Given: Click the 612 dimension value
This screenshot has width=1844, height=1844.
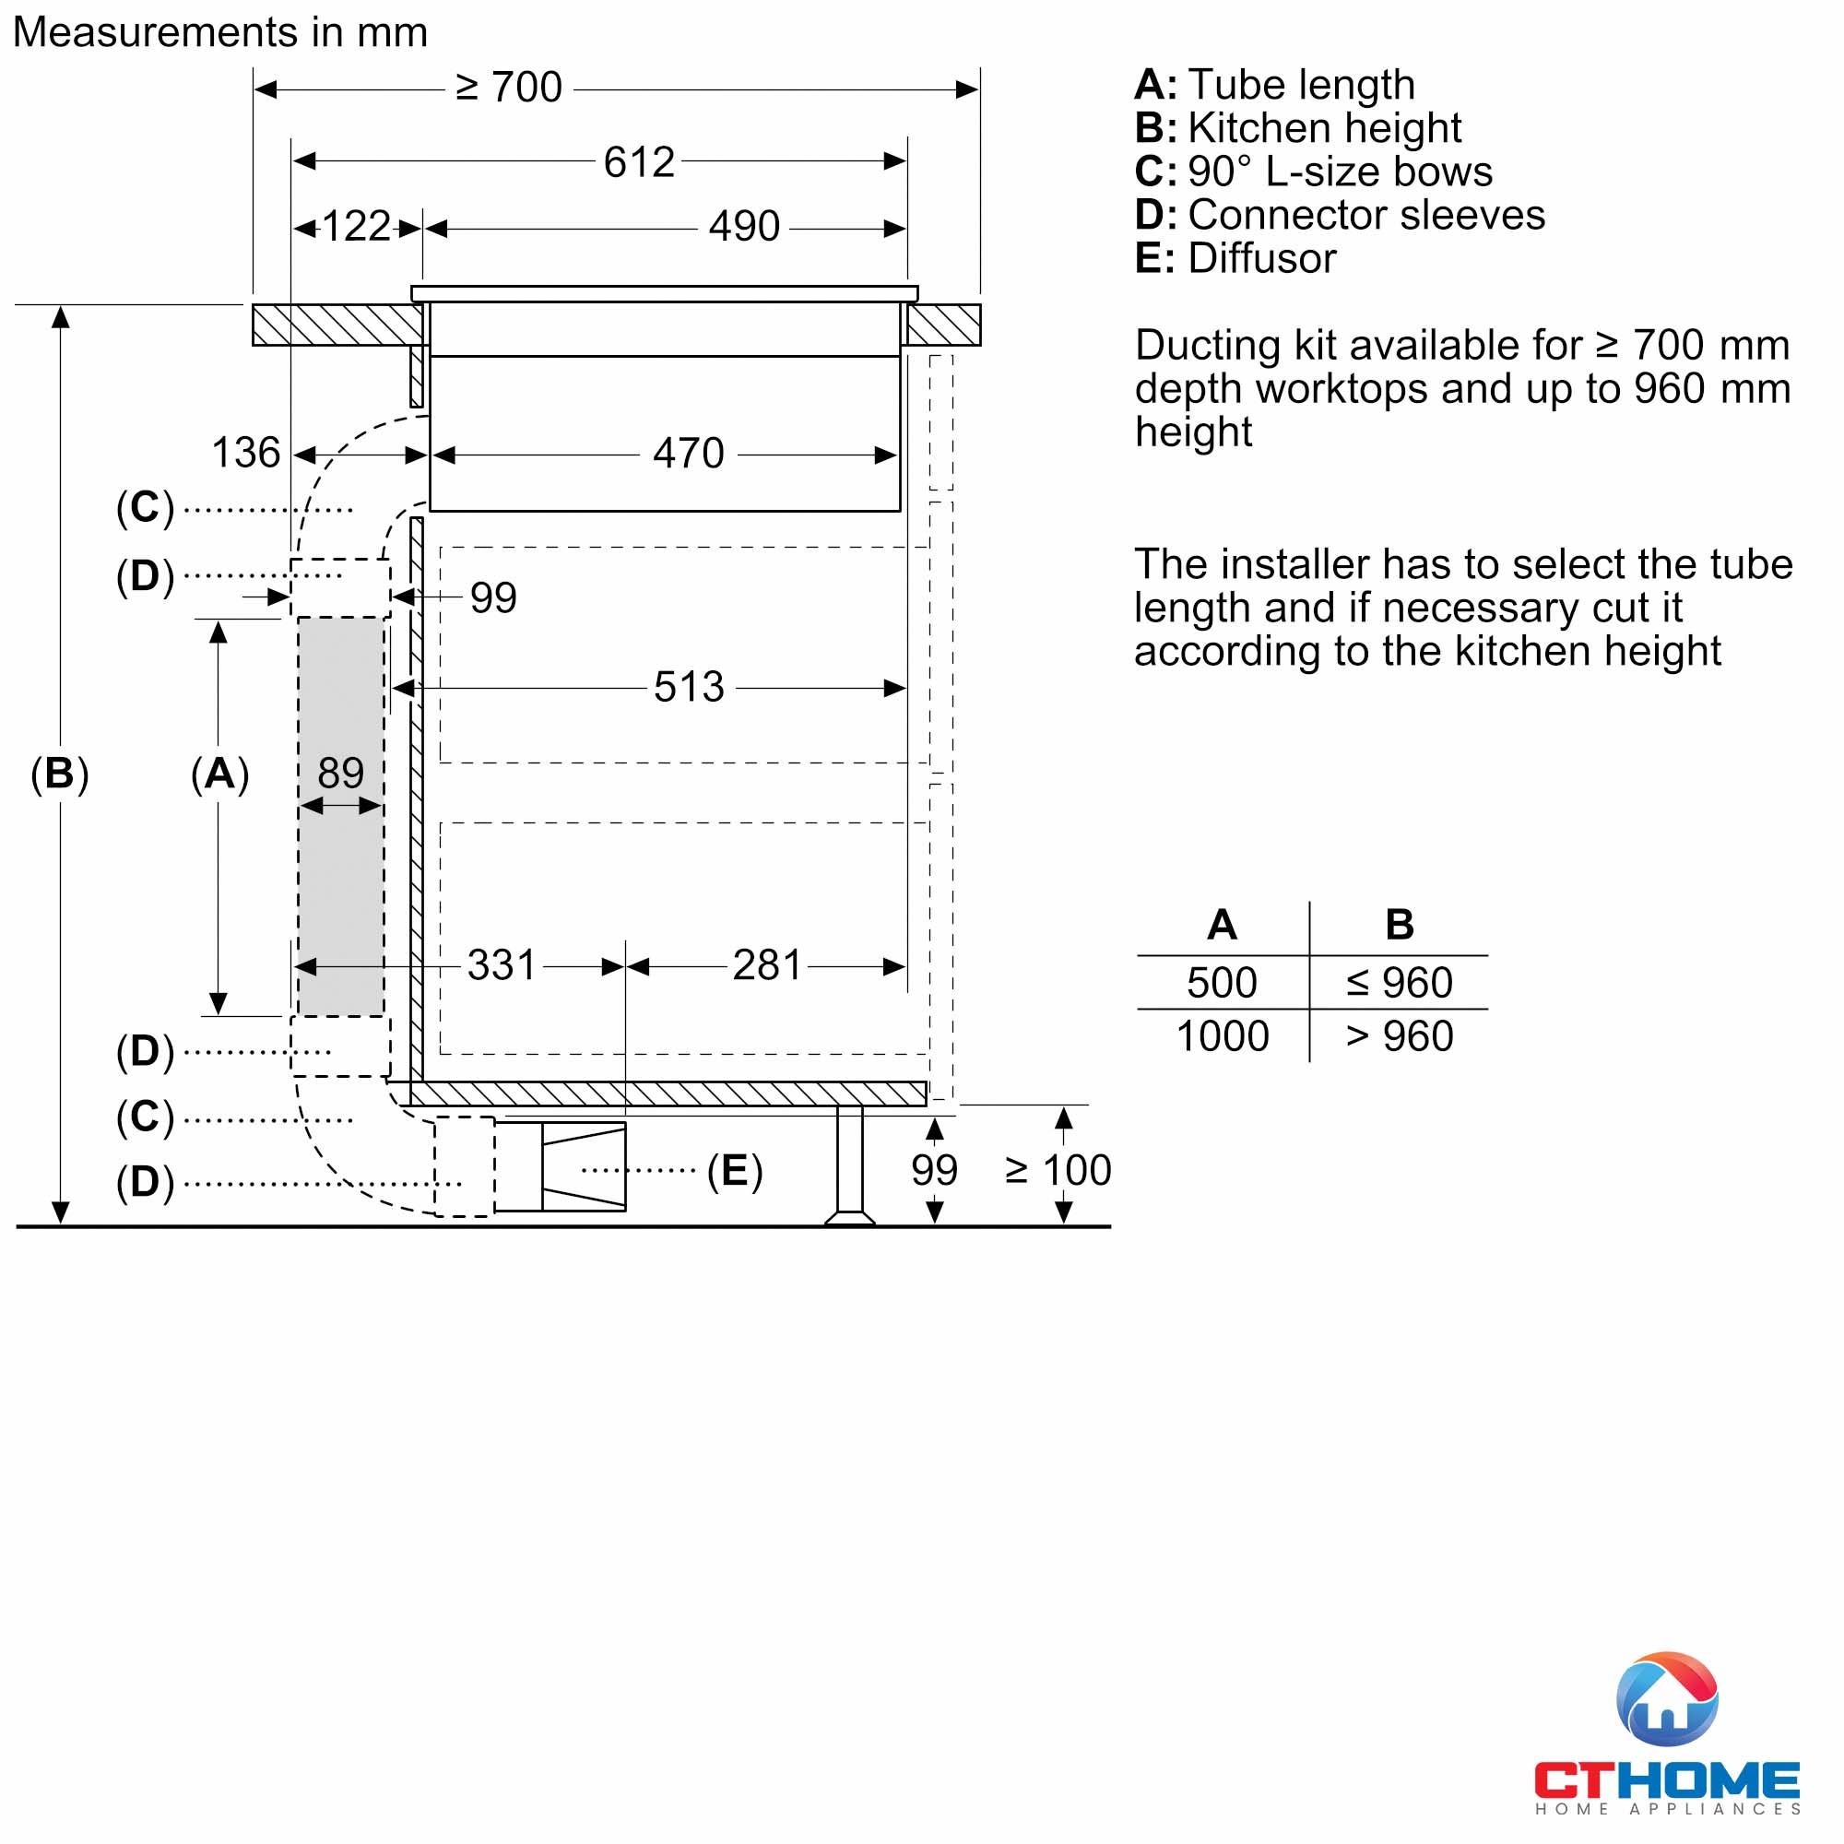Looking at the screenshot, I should pos(639,162).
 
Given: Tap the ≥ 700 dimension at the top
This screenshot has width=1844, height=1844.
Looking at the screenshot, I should pos(509,88).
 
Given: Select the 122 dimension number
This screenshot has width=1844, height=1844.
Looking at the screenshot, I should pos(356,227).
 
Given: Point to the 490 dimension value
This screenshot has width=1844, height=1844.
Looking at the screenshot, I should pos(743,227).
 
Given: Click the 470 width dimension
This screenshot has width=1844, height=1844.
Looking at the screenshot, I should pos(688,454).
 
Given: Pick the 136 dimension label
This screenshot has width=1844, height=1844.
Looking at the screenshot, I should pos(245,454).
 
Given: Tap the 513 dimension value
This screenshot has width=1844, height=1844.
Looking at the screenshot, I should pos(688,687).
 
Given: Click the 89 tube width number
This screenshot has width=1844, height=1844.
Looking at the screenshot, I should pos(340,774).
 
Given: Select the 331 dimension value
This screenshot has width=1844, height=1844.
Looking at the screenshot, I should pos(501,966).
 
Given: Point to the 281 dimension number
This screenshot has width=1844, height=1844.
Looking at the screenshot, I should pos(766,966).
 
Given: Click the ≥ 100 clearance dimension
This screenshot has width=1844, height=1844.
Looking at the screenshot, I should pos(1058,1171).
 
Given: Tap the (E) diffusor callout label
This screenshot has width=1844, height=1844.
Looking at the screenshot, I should pos(734,1171).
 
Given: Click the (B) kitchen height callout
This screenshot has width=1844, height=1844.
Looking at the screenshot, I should pos(59,774).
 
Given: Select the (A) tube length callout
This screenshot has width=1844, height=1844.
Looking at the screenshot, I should pos(219,774).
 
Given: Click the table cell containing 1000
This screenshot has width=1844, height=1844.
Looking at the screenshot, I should pos(1222,1036).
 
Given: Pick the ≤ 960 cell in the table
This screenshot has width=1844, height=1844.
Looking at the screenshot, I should pos(1399,983).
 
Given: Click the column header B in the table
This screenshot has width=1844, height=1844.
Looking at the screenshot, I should pos(1399,925).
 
